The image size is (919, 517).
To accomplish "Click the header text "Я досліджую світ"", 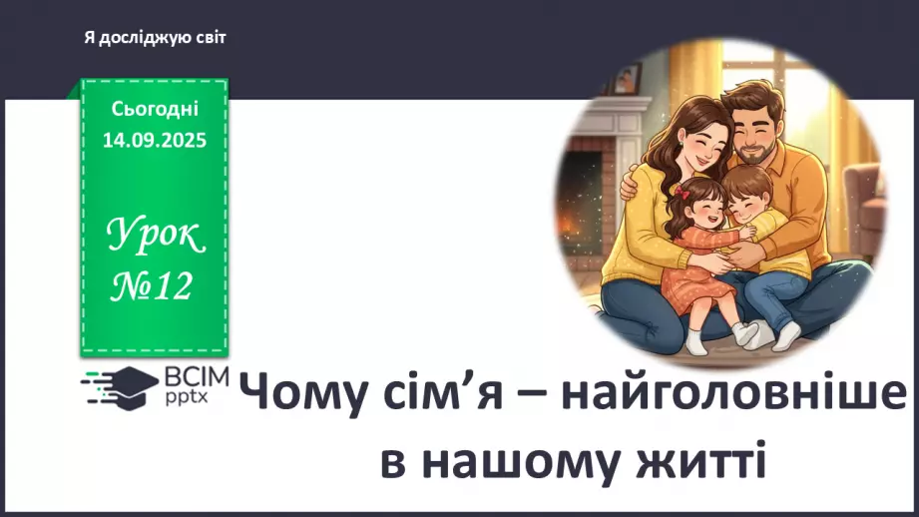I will click(x=156, y=37).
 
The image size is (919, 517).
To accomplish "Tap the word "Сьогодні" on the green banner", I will click(x=155, y=108).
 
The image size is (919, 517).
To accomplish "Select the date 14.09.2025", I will click(x=155, y=141).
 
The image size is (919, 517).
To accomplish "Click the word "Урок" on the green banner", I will click(x=155, y=238).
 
